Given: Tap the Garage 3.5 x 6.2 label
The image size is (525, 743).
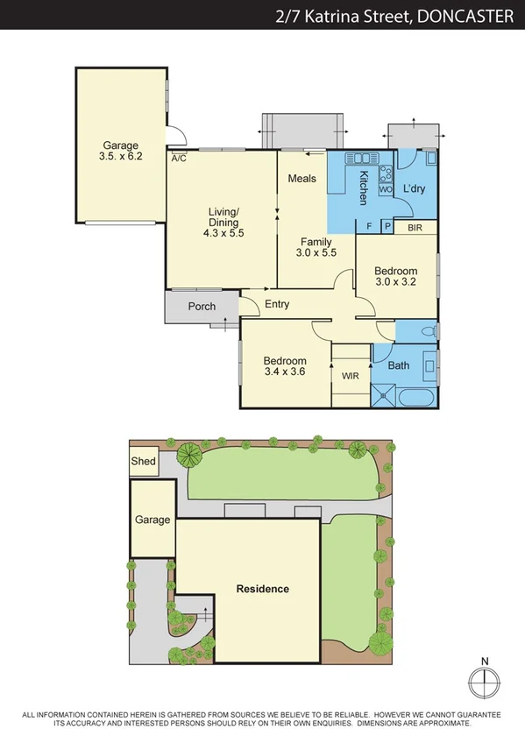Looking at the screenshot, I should (121, 151).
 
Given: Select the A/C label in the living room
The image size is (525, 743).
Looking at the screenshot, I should (179, 159).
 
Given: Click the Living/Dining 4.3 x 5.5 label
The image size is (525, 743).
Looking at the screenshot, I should (223, 222).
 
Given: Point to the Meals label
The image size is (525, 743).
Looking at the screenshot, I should (302, 179).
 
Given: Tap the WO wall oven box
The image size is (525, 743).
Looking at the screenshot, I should (385, 188).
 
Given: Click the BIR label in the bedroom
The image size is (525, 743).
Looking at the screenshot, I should (415, 227).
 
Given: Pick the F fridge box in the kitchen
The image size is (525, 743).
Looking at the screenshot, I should (368, 227).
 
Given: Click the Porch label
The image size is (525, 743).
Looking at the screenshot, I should (202, 307).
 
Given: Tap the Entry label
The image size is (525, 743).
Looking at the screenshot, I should (276, 304).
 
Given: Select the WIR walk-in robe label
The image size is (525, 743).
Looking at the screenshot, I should (351, 376).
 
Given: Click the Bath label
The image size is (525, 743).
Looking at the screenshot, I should (399, 365).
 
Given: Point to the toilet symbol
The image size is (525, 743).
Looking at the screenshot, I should (426, 330).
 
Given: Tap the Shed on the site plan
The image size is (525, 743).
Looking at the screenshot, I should (143, 462).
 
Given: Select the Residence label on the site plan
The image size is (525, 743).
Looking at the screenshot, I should (263, 589).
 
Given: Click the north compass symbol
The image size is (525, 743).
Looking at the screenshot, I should (484, 681).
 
